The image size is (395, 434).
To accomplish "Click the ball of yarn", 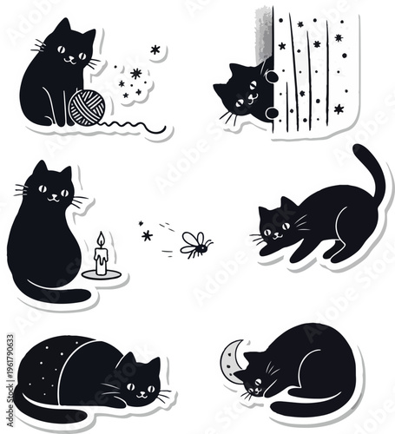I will point(86,106).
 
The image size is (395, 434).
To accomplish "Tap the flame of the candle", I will point(100,239).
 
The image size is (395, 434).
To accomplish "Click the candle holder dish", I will point(102,275).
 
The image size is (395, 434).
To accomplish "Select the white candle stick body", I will point(101,260).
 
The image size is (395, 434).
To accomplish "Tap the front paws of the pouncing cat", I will point(273,251).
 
